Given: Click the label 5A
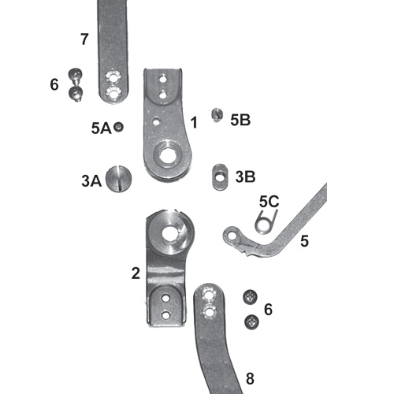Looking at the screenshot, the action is tap(102, 128).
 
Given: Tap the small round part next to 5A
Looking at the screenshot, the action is tap(118, 127).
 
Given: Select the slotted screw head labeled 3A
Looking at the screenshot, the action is tap(119, 178).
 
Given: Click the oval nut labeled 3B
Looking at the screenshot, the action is tap(220, 177).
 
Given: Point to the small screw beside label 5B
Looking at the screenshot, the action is tap(217, 115).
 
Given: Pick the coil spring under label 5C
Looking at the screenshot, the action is tap(266, 222).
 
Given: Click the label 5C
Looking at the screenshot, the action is tap(269, 202).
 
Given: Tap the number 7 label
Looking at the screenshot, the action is tap(84, 39).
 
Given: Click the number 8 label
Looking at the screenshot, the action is tap(250, 379).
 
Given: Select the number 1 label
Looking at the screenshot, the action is tap(194, 122).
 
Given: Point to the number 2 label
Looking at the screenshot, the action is tap(136, 273).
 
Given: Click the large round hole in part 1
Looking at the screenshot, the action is tap(168, 155).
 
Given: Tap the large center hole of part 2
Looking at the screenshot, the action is tap(169, 233).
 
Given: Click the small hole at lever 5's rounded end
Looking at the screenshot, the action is tap(232, 236).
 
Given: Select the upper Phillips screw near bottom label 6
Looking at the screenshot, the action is tap(250, 297).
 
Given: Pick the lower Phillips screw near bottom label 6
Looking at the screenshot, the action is tap(251, 322).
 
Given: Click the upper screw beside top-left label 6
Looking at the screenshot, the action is tap(76, 75).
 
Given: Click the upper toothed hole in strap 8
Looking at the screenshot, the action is tap(209, 293).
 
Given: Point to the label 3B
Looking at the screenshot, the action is tap(245, 177).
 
